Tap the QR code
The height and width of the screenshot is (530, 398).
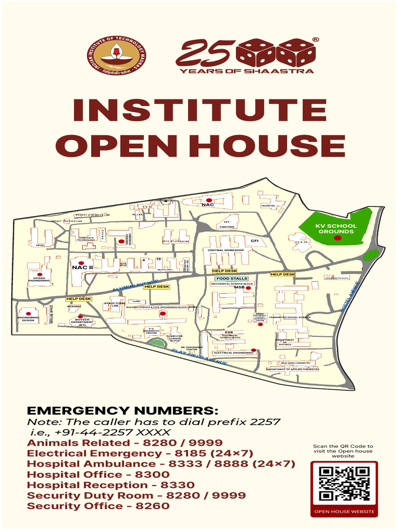344,484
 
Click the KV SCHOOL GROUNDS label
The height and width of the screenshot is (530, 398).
336,228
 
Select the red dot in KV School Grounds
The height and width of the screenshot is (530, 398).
337,238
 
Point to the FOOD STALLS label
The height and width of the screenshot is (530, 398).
232,278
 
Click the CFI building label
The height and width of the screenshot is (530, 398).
254,241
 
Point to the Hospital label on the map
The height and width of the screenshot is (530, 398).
268,205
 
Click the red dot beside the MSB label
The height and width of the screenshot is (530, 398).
248,288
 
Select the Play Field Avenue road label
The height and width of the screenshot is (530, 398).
200,357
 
